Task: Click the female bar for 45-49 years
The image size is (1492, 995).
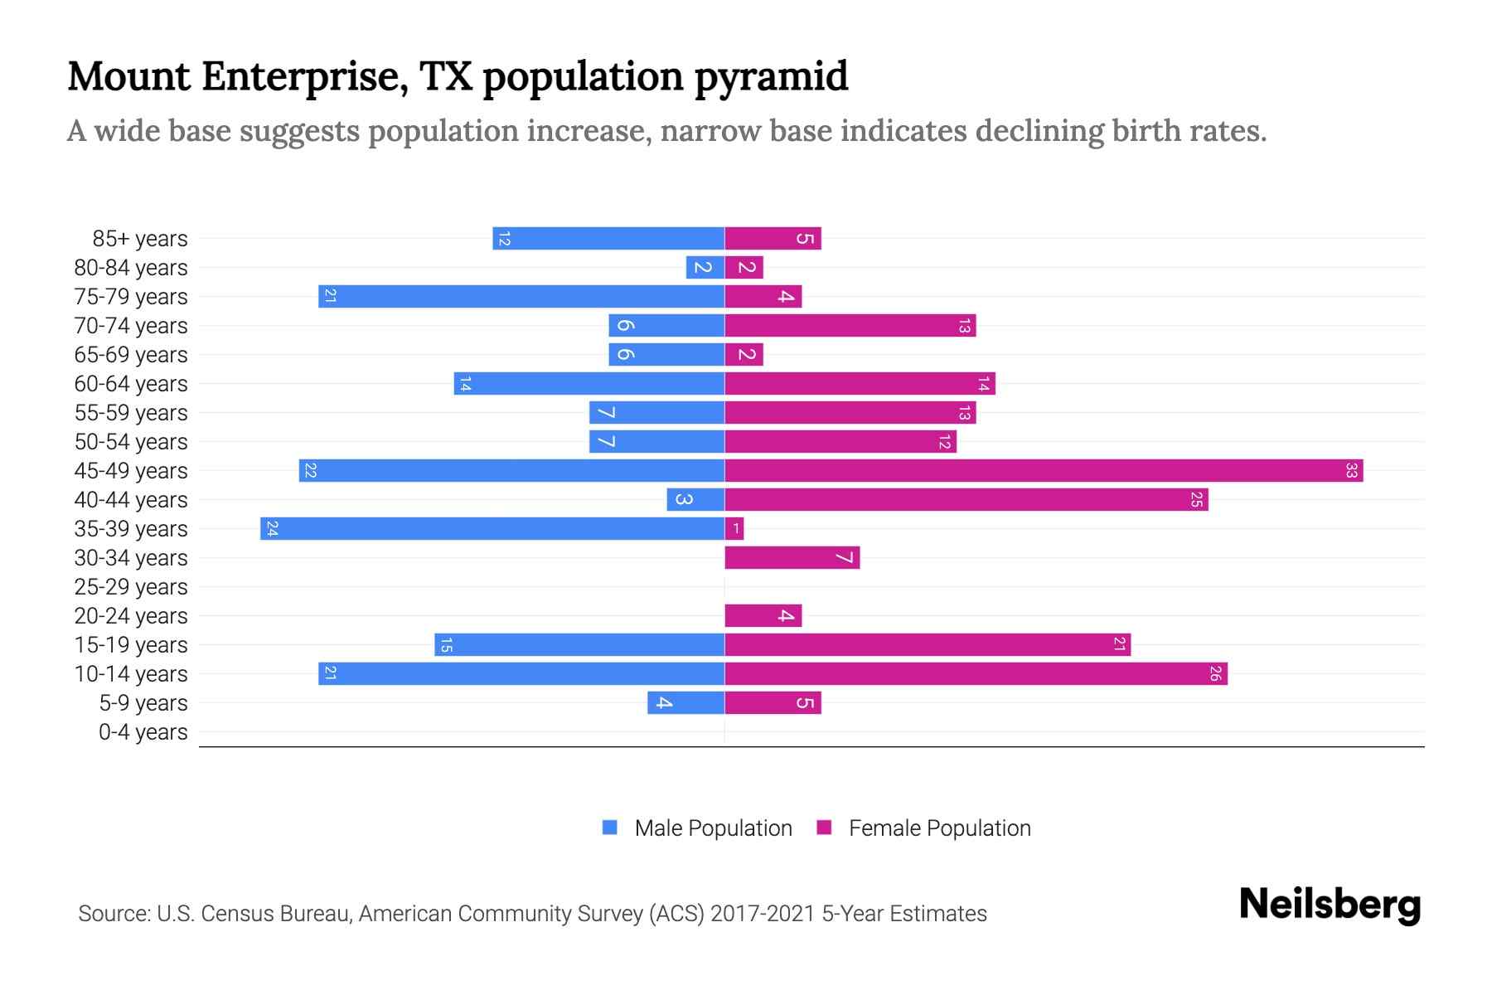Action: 1043,470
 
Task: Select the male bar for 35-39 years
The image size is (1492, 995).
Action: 492,528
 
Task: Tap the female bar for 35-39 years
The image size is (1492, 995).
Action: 734,528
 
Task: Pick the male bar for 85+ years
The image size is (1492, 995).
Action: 608,238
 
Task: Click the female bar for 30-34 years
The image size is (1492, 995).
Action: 792,557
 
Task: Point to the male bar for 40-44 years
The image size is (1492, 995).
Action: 695,499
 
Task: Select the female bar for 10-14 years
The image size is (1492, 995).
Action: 975,673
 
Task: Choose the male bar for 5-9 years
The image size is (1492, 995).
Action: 685,702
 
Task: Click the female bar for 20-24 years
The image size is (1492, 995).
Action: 763,615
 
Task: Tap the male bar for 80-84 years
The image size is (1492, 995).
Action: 705,267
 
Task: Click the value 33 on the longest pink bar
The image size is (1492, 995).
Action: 1351,470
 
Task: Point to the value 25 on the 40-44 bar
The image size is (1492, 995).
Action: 1196,499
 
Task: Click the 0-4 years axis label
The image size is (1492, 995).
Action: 143,732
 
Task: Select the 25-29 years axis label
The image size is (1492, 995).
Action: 131,587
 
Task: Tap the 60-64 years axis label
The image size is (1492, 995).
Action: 131,384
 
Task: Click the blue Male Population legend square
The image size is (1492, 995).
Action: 610,828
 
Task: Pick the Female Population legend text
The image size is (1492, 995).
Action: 939,828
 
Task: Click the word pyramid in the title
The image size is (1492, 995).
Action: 771,76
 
